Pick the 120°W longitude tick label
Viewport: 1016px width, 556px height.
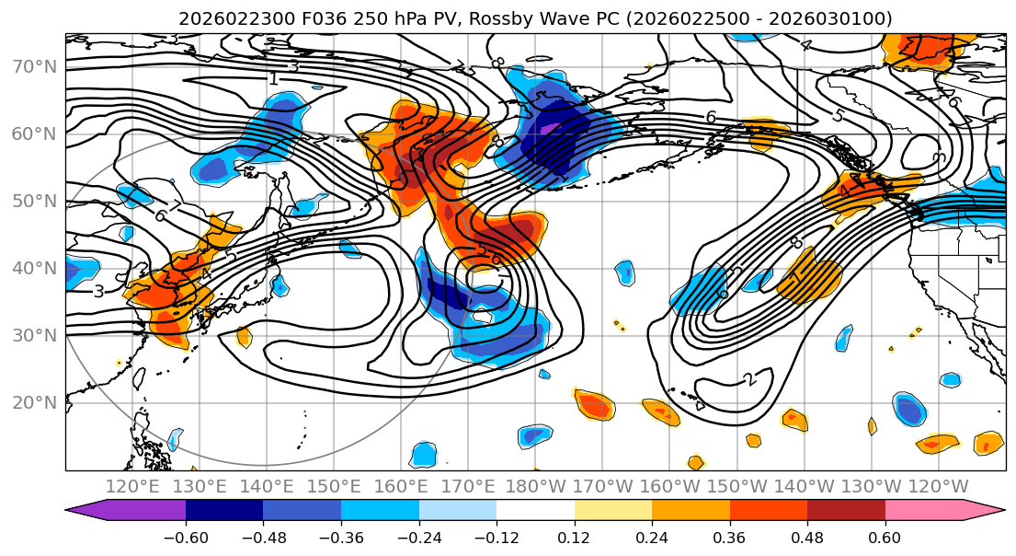click(938, 486)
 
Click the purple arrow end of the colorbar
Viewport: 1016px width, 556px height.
click(87, 512)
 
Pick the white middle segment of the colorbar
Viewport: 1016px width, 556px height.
click(535, 512)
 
